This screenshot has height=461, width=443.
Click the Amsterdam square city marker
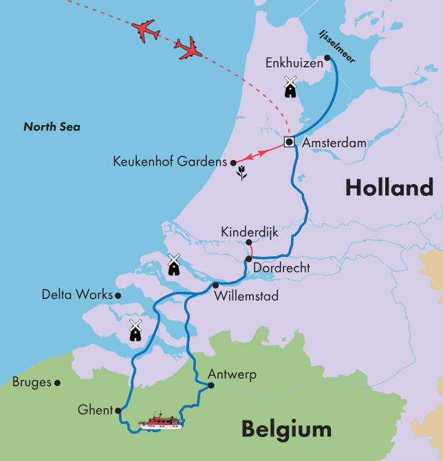click(289, 142)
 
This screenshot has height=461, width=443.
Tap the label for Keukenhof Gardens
click(170, 162)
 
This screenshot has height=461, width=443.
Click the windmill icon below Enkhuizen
click(290, 87)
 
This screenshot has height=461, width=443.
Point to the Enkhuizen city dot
click(327, 58)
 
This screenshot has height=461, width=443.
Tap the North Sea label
click(52, 127)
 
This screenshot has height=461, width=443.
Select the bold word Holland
click(389, 187)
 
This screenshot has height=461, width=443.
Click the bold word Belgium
click(285, 429)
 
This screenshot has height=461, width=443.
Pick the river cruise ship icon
click(161, 421)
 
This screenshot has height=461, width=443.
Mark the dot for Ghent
click(118, 410)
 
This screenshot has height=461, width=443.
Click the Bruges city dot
click(58, 383)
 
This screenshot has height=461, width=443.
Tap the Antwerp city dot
click(211, 385)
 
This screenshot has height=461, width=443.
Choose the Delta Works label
click(76, 295)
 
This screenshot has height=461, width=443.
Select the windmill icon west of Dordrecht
click(173, 265)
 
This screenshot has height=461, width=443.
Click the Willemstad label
click(246, 296)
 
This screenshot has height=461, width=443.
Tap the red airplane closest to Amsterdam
click(188, 48)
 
